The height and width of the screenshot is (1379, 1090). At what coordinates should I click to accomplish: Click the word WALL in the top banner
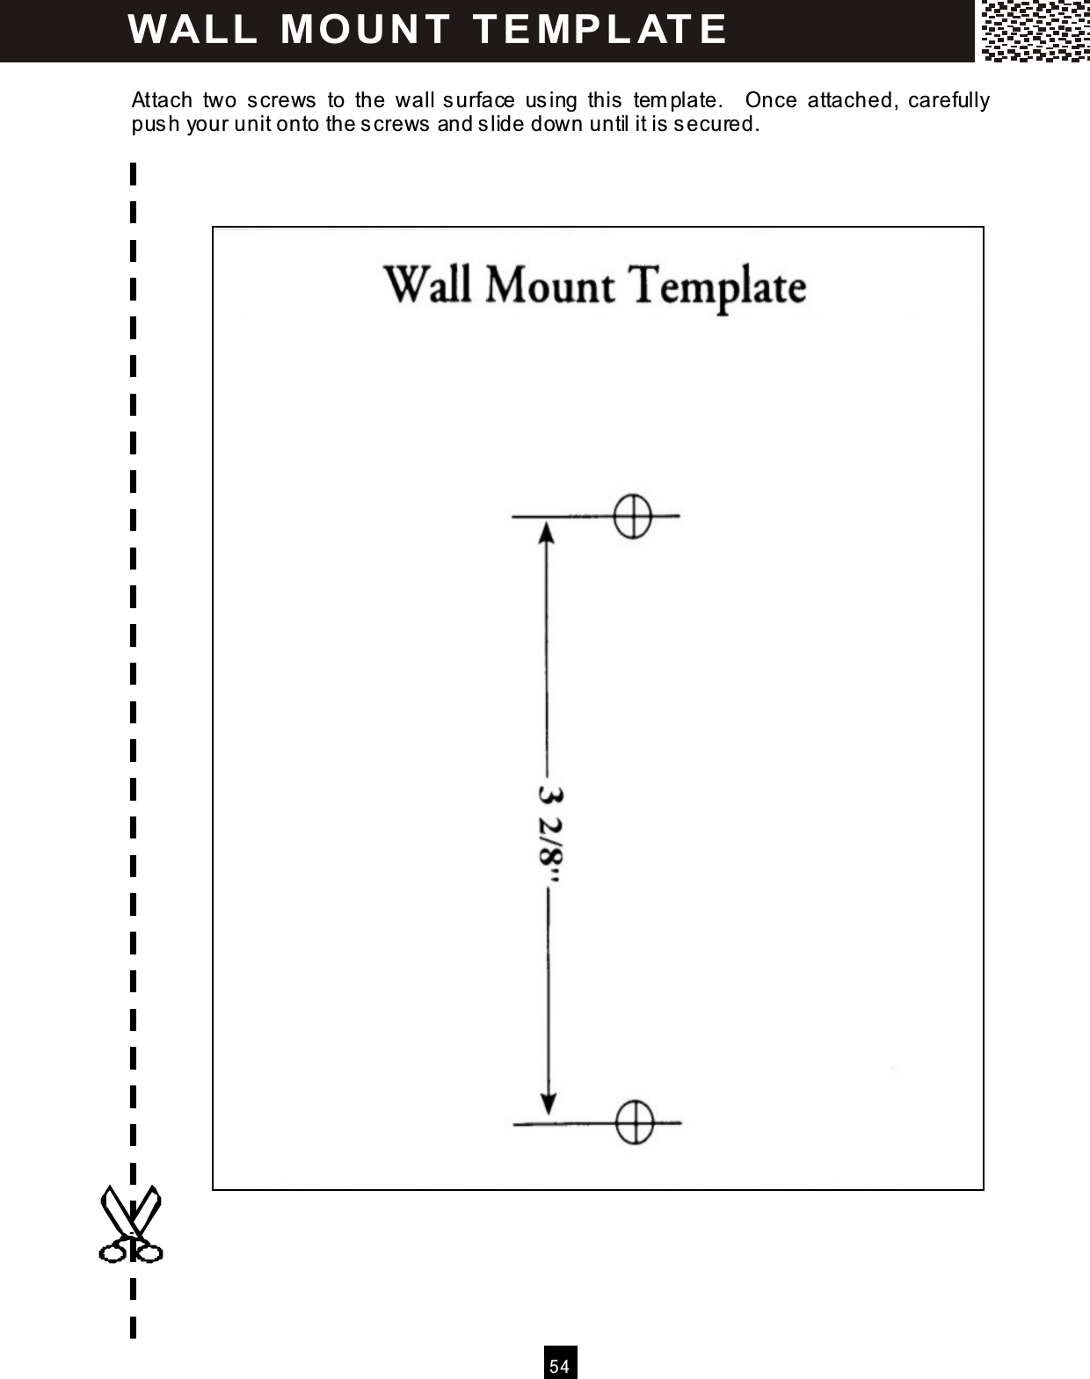193,29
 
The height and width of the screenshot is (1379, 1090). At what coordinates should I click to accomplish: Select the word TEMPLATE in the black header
600,29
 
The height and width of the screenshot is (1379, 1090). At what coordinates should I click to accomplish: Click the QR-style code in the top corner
1035,31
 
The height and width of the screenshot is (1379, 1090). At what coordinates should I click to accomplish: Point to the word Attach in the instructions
161,100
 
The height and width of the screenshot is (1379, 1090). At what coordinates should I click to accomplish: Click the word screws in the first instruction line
280,100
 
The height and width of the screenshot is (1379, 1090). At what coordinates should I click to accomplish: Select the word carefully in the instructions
948,100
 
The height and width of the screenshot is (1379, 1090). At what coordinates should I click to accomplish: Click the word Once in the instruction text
770,100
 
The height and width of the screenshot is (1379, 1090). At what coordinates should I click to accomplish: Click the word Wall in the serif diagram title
429,286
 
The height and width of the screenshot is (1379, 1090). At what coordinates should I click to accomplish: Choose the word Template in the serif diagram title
718,287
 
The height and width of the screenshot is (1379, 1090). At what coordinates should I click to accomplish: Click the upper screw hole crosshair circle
631,516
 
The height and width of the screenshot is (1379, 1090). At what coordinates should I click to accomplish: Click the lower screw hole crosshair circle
633,1122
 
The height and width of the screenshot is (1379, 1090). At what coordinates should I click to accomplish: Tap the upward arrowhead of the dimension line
547,533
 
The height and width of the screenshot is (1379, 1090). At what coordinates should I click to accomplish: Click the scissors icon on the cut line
130,1224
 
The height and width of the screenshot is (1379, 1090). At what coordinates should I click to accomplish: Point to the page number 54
560,1365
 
